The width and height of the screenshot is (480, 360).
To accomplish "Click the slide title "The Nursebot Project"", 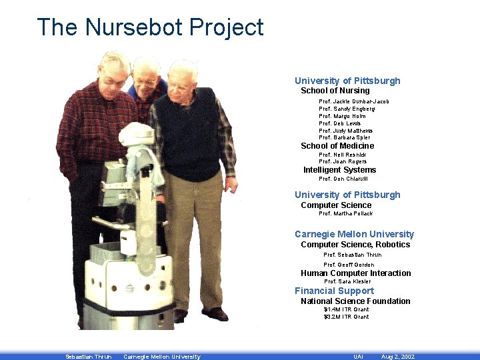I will pos(151,28).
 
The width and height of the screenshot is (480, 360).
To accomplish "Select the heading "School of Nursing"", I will pos(335,91).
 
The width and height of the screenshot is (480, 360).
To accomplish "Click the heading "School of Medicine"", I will pos(337,146).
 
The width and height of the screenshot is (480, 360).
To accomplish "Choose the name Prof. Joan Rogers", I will pos(343,162).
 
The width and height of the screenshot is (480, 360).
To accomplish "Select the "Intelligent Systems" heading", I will pos(339,170).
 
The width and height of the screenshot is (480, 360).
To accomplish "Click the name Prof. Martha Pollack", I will pos(345,213).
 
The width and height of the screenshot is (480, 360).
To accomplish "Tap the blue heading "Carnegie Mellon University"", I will pos(354,234).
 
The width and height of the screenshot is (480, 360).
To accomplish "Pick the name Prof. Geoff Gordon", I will pos(349,265).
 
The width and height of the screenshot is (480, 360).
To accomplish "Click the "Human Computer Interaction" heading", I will pos(355,273).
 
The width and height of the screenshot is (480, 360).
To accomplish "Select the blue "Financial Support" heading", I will pos(334,291).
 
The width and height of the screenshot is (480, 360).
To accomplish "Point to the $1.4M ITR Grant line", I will pos(346,309).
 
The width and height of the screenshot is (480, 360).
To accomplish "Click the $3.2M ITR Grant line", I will pos(346,317).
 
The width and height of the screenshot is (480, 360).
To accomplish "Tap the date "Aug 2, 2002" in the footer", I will pos(397,357).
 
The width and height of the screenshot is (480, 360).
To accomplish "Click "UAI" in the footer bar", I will pos(358,357).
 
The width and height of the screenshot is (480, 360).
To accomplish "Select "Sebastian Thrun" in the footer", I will pos(88,357).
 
